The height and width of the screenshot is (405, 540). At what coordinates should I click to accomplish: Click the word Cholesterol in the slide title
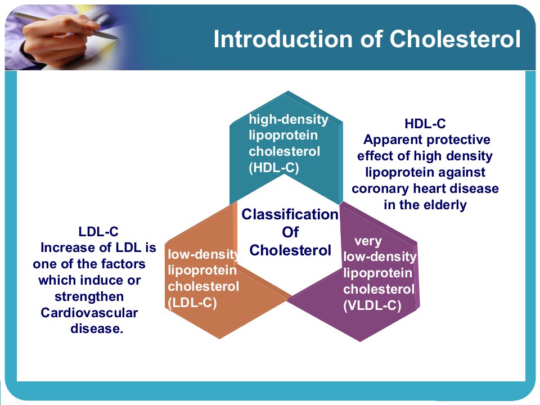(455, 39)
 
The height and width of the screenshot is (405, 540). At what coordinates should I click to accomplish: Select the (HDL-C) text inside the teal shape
(274, 168)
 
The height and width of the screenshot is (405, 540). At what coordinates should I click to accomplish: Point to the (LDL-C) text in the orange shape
(192, 303)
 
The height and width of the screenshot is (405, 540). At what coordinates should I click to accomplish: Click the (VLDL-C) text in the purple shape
(372, 305)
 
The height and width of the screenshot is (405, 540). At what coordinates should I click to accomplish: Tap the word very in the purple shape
(368, 241)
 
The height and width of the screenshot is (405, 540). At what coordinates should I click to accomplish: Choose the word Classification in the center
(290, 214)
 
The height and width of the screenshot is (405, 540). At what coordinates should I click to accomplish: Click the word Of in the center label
(290, 232)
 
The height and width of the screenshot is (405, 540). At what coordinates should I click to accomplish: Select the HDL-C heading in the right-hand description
(425, 124)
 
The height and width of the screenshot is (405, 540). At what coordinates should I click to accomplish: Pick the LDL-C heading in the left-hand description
(98, 231)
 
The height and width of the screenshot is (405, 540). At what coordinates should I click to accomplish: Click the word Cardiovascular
(89, 313)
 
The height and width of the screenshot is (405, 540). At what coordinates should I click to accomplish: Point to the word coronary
(381, 189)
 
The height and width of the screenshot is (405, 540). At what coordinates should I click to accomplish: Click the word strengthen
(89, 297)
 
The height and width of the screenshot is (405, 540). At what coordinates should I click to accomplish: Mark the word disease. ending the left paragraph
(97, 328)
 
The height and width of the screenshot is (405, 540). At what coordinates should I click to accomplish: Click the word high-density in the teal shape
(289, 119)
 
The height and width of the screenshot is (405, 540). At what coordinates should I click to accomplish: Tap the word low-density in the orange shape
(204, 254)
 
